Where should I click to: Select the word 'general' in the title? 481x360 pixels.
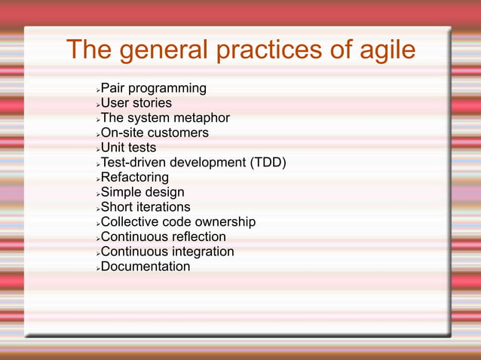click(x=158, y=50)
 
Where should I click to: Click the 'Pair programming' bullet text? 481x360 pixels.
click(x=153, y=89)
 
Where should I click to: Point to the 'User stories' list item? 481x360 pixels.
click(x=136, y=103)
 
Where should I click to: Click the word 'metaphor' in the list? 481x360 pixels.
click(x=201, y=118)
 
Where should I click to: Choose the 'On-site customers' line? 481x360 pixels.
click(x=155, y=133)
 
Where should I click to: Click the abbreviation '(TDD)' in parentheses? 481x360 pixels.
click(x=268, y=163)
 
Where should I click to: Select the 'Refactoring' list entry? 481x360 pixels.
click(x=134, y=178)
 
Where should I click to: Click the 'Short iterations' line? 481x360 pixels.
click(x=145, y=207)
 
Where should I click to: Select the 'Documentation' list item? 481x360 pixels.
click(x=145, y=267)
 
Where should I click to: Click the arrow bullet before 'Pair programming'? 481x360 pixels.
click(x=97, y=90)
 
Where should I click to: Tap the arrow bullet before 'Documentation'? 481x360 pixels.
click(x=97, y=268)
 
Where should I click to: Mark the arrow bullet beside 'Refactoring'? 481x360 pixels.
click(x=97, y=179)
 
